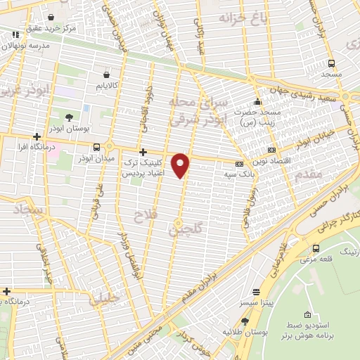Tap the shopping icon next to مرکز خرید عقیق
click(x=51, y=15)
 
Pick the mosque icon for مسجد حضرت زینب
click(x=258, y=101)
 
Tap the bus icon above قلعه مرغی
click(x=316, y=248)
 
